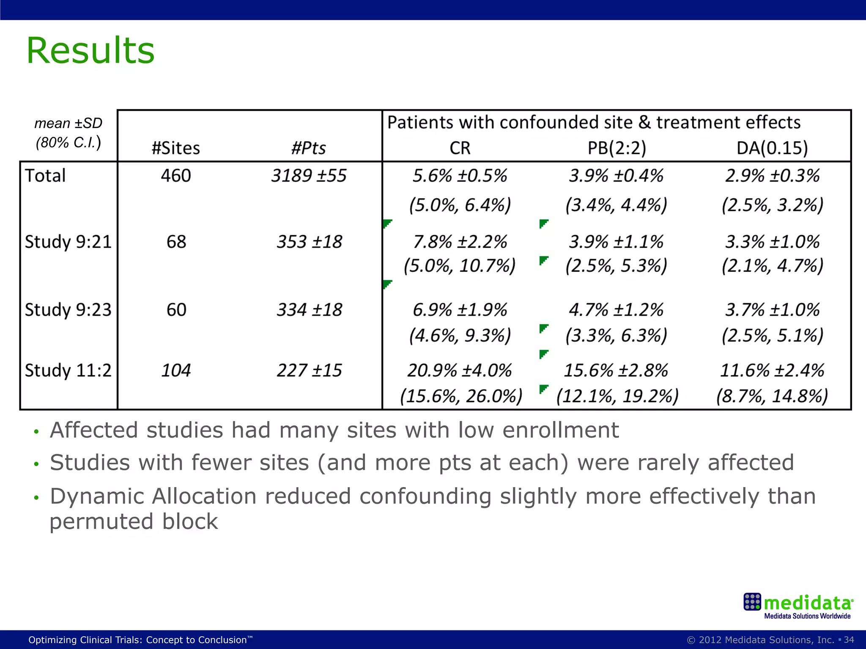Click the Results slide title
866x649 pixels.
pos(90,51)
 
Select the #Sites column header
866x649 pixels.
pos(176,148)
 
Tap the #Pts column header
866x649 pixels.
pos(309,148)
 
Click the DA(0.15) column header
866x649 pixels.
pos(772,148)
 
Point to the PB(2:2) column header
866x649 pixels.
pos(617,148)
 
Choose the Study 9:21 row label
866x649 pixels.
pos(68,242)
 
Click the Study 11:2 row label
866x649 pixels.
pos(68,371)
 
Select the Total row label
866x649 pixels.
pos(45,176)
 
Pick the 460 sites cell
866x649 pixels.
pos(176,176)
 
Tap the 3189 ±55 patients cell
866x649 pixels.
pos(309,176)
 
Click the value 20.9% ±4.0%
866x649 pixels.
pos(460,371)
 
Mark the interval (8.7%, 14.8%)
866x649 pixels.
pos(772,396)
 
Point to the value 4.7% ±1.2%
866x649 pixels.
pos(616,310)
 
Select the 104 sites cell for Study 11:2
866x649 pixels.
pos(176,371)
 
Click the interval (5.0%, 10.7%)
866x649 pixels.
pos(460,266)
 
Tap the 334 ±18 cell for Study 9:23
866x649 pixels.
pos(309,310)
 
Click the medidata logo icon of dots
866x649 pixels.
pos(752,602)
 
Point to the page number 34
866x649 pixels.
pos(849,640)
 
